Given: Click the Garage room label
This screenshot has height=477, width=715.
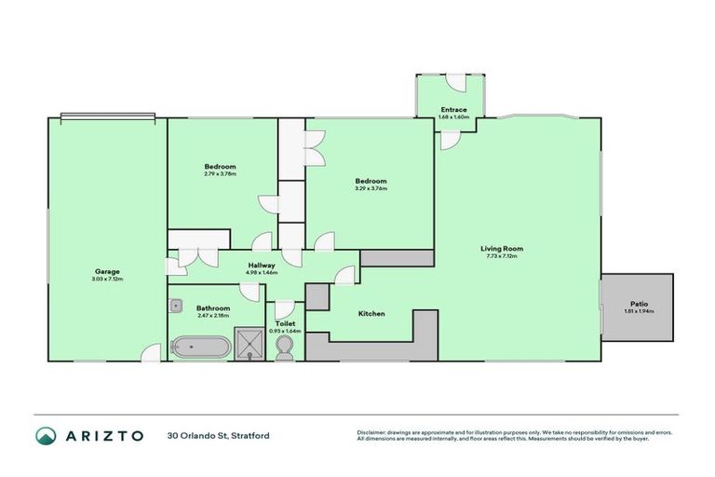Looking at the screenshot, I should click(107, 272).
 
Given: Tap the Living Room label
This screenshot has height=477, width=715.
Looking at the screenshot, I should click(502, 248).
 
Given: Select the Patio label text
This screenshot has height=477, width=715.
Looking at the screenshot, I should click(637, 304).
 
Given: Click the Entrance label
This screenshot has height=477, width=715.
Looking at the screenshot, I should click(453, 110).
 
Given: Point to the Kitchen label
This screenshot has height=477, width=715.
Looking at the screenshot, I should click(371, 314).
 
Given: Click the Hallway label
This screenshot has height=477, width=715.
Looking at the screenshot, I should click(261, 266).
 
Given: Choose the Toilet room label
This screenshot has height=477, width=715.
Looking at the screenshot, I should click(285, 323).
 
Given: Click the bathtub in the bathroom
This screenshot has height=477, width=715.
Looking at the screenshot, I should click(200, 347).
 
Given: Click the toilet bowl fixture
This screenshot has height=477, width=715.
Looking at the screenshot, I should click(286, 348).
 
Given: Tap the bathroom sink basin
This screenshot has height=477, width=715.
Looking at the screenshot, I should click(175, 304).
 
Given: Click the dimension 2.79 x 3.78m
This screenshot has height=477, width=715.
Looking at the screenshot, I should click(221, 174).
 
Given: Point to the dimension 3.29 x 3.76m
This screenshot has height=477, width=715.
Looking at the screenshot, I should click(371, 188).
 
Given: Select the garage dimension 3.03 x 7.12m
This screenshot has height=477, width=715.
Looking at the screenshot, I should click(107, 279).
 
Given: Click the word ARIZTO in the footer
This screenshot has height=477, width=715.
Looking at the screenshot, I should click(102, 436).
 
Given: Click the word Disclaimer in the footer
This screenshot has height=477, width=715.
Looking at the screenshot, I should click(373, 432).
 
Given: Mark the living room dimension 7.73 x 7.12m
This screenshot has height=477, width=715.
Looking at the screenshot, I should click(502, 255).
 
